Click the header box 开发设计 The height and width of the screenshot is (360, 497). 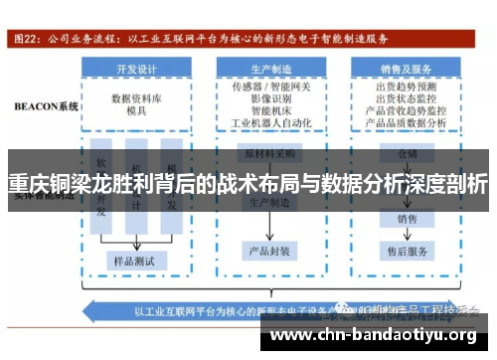(136, 71)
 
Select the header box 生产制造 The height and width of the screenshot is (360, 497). (270, 71)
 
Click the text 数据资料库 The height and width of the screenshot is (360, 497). (137, 98)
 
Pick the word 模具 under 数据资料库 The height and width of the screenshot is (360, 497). (137, 112)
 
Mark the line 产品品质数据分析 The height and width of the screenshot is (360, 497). (407, 123)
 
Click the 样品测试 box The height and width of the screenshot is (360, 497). (137, 260)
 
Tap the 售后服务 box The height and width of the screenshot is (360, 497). (407, 250)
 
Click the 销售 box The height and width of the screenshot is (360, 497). (407, 218)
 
